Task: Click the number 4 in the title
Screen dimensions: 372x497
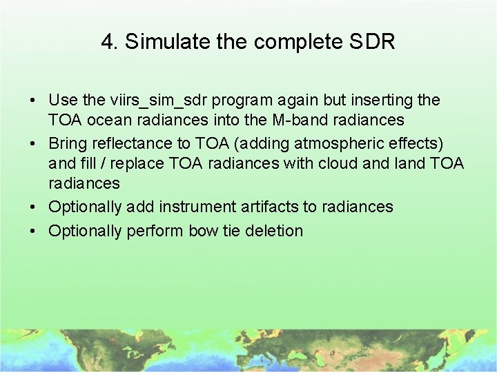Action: click(107, 42)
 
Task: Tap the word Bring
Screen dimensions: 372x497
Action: click(66, 143)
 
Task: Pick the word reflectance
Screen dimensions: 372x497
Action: click(129, 143)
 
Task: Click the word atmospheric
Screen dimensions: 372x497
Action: click(344, 143)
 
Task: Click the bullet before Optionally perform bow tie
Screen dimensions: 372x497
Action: click(33, 231)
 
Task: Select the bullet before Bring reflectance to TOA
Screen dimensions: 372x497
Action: click(33, 144)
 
